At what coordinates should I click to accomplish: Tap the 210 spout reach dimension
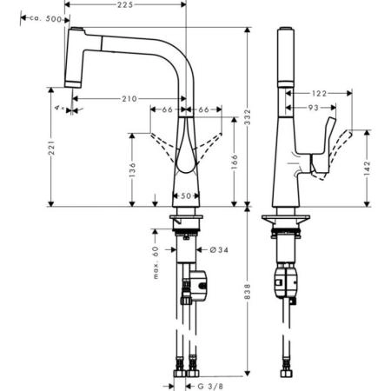tap(130, 99)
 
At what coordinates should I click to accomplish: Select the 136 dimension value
tap(131, 169)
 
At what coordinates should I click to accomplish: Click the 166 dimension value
tap(235, 162)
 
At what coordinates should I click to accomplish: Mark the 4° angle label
tap(56, 107)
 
